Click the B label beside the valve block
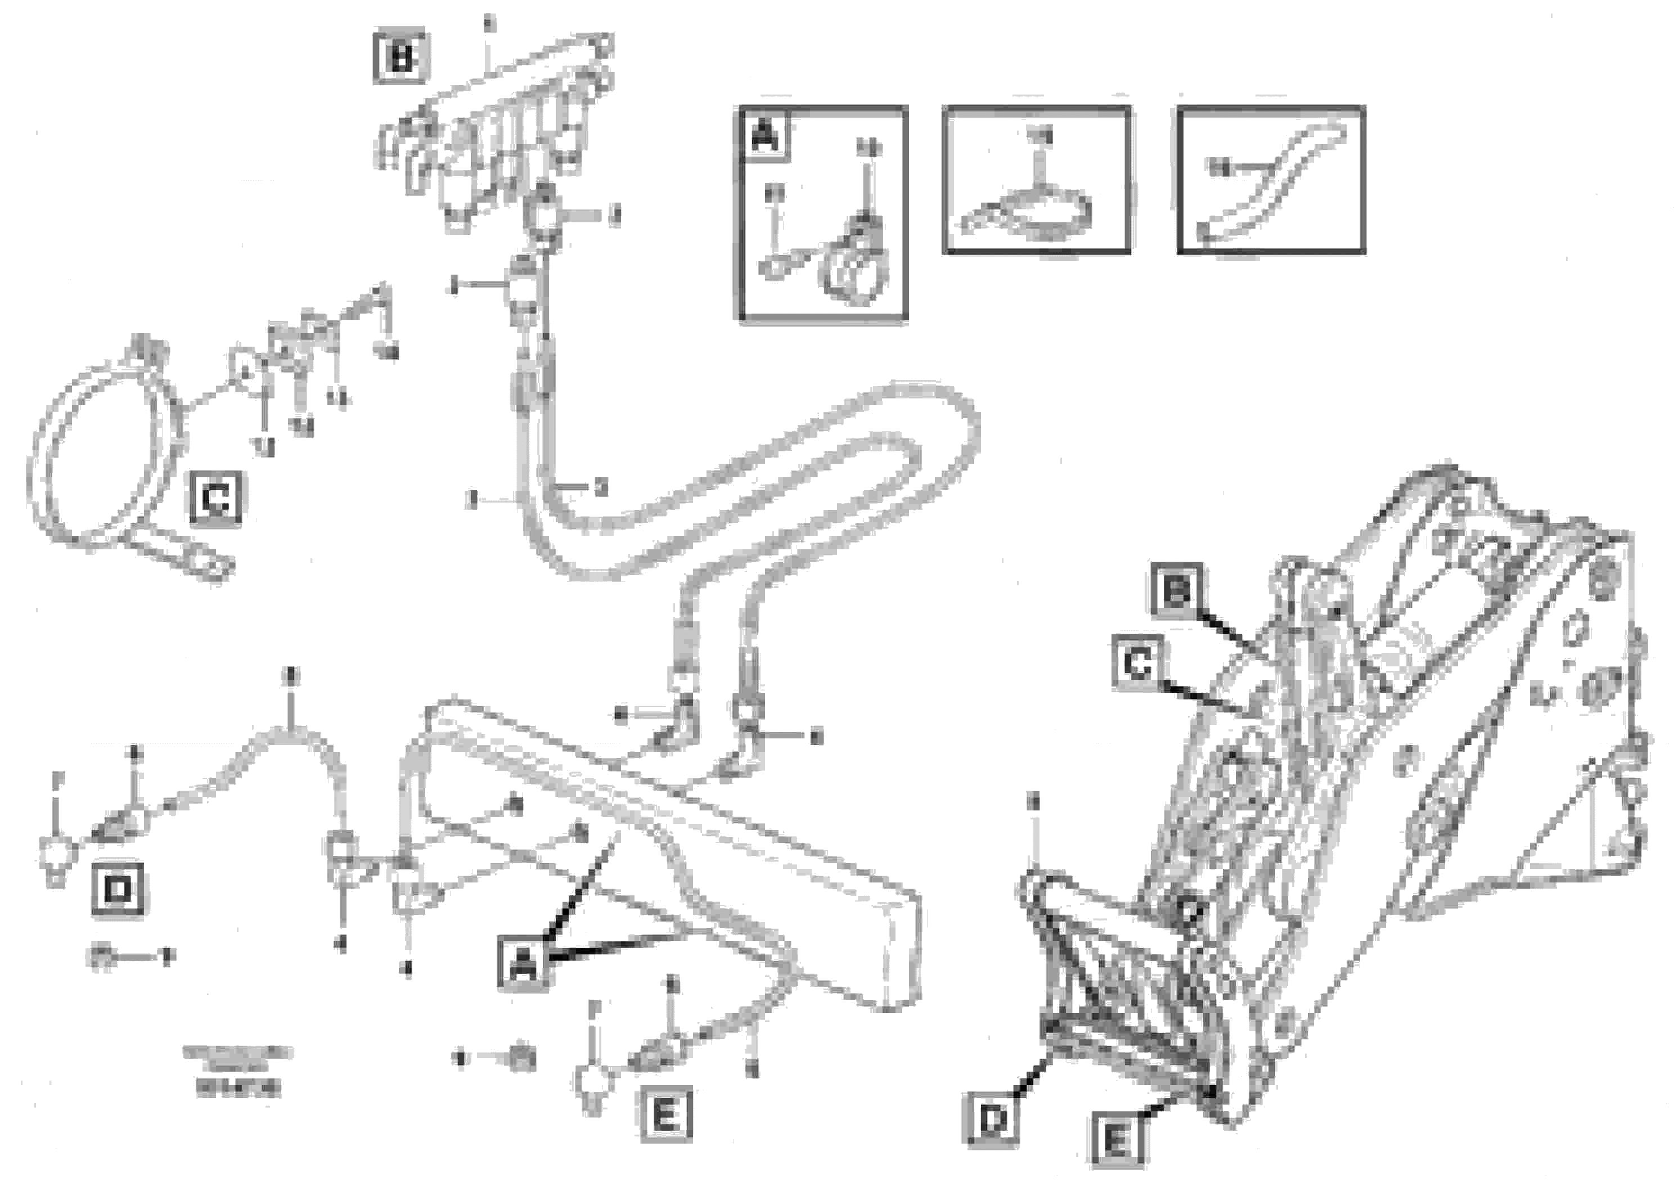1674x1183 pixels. coord(400,57)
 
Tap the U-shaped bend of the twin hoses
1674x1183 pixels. coord(940,431)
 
